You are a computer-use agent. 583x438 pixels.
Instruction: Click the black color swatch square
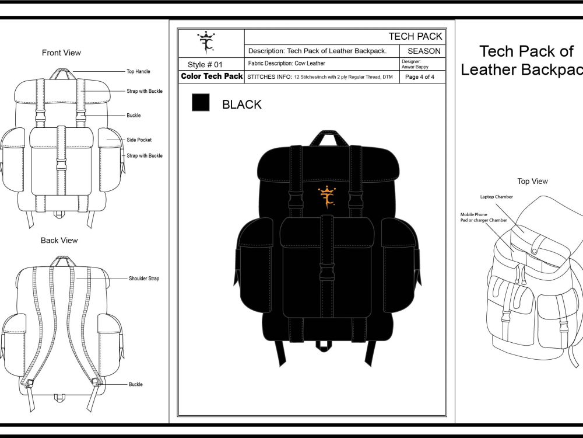pyautogui.click(x=201, y=102)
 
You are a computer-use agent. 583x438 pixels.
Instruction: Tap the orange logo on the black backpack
pyautogui.click(x=327, y=197)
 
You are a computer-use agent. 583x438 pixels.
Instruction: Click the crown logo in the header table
pyautogui.click(x=206, y=43)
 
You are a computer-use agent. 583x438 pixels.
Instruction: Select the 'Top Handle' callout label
pyautogui.click(x=138, y=71)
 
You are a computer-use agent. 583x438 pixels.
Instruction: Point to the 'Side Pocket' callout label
pyautogui.click(x=139, y=140)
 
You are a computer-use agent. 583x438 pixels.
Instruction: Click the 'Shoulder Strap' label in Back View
pyautogui.click(x=144, y=279)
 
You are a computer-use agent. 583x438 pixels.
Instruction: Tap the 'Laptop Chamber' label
pyautogui.click(x=496, y=197)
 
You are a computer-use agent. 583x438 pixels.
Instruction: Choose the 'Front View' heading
pyautogui.click(x=61, y=53)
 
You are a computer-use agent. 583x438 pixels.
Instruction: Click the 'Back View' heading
pyautogui.click(x=59, y=241)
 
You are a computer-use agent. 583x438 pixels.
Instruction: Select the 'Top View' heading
pyautogui.click(x=532, y=182)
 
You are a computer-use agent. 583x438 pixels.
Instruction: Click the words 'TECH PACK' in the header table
pyautogui.click(x=415, y=36)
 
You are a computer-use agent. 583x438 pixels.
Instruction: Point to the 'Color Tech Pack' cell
pyautogui.click(x=212, y=77)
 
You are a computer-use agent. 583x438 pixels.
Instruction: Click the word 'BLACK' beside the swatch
pyautogui.click(x=242, y=105)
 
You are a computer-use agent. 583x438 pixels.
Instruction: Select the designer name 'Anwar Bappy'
pyautogui.click(x=415, y=67)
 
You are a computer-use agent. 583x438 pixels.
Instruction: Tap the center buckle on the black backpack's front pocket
pyautogui.click(x=327, y=272)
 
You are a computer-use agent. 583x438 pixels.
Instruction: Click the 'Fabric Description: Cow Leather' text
pyautogui.click(x=287, y=63)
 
